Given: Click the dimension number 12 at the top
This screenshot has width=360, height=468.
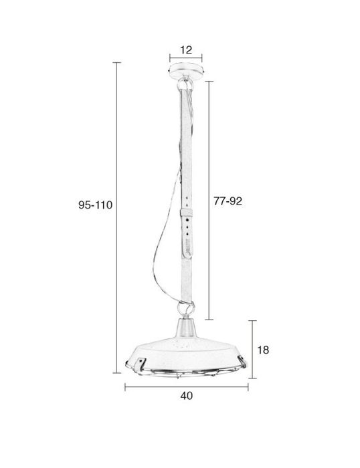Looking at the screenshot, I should (x=186, y=49).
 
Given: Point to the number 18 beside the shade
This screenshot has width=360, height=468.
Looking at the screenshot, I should (x=263, y=349).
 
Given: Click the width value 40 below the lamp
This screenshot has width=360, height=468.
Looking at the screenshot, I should (x=187, y=396).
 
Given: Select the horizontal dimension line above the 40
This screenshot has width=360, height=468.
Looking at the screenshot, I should (x=187, y=386).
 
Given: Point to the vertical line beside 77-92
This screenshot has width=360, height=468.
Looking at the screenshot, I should (x=211, y=201).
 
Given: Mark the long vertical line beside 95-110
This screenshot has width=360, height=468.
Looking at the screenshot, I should (x=118, y=221).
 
